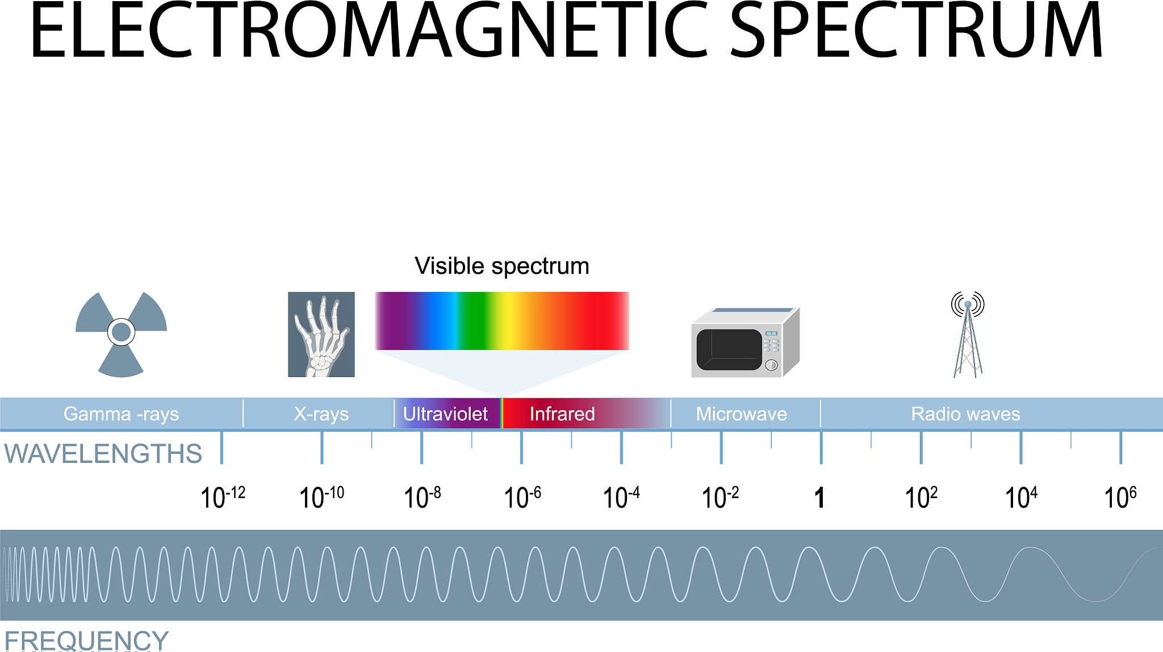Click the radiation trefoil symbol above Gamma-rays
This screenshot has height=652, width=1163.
tap(121, 333)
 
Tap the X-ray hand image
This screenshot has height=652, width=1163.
tap(321, 335)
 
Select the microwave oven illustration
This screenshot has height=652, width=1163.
tap(746, 342)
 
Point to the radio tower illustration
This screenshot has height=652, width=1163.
tap(968, 335)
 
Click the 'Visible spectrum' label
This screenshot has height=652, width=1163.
tap(502, 266)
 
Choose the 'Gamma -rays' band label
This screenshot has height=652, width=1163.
tap(121, 414)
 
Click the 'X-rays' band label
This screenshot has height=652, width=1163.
tap(321, 414)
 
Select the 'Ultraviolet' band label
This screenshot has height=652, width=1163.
tap(445, 414)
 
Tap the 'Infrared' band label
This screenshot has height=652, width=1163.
tap(562, 414)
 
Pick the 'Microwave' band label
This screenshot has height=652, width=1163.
tap(742, 414)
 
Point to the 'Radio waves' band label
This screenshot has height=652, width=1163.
tap(965, 414)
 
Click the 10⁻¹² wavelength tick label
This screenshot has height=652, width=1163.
tap(223, 496)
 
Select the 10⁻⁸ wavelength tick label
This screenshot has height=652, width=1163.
tap(422, 496)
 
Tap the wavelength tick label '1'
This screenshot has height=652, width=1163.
tap(819, 498)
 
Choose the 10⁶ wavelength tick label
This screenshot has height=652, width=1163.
tap(1120, 496)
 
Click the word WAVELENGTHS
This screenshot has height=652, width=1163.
tap(103, 454)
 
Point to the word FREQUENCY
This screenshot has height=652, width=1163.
tap(86, 641)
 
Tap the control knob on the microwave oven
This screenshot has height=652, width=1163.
tap(771, 365)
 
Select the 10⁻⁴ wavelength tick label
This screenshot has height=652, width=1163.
tap(621, 496)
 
